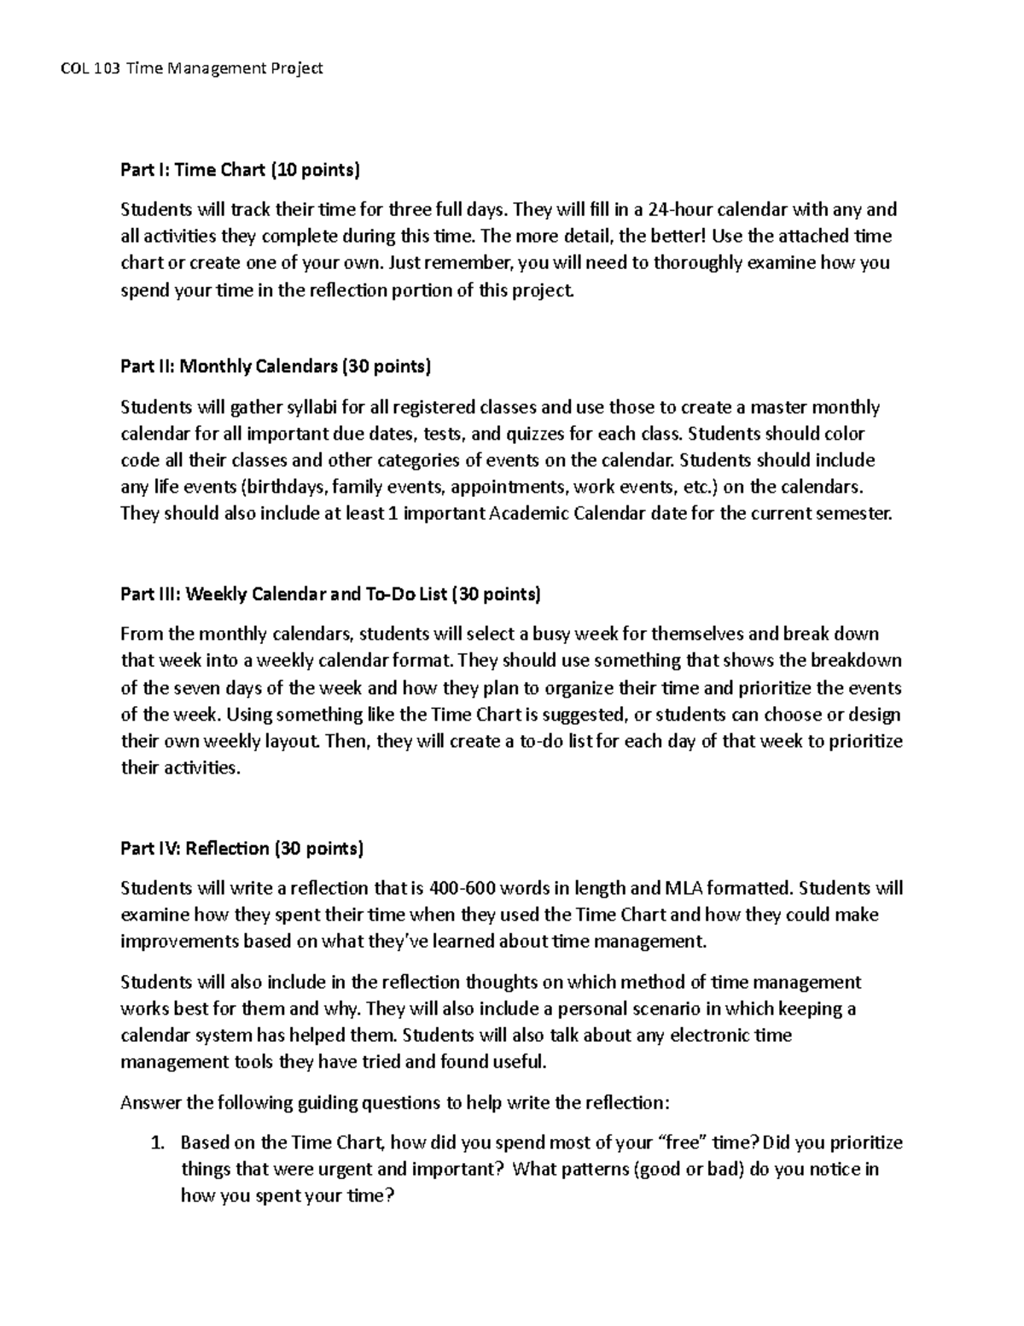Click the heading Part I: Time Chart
(241, 170)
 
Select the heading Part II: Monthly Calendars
(276, 367)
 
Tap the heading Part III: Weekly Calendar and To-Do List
(330, 593)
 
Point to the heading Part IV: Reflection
(241, 849)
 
